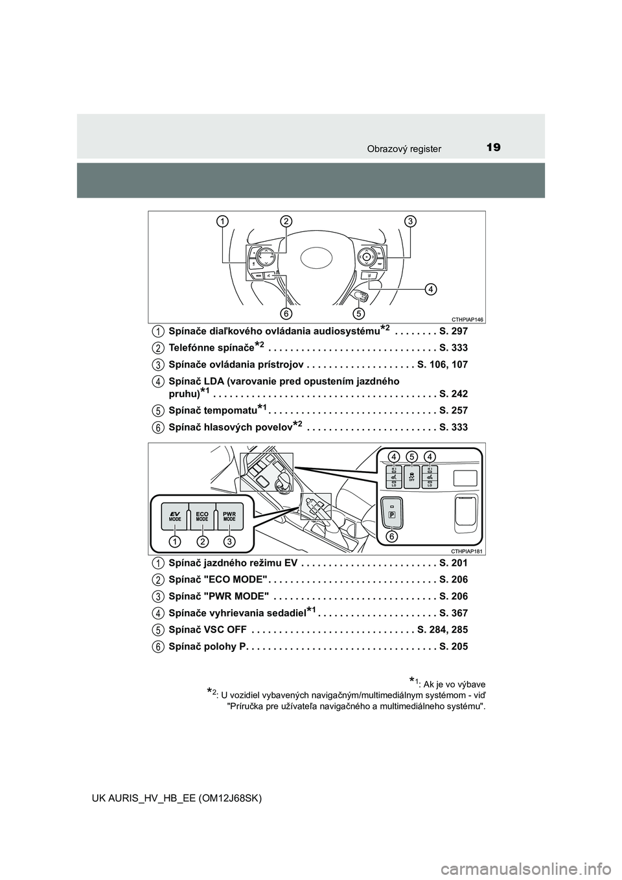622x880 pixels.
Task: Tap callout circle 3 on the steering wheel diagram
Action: point(409,222)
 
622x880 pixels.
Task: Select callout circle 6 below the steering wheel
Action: point(284,314)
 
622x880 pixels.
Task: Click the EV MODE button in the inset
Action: point(175,516)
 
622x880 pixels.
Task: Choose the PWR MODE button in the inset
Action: point(229,516)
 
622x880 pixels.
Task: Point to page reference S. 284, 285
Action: point(443,629)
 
